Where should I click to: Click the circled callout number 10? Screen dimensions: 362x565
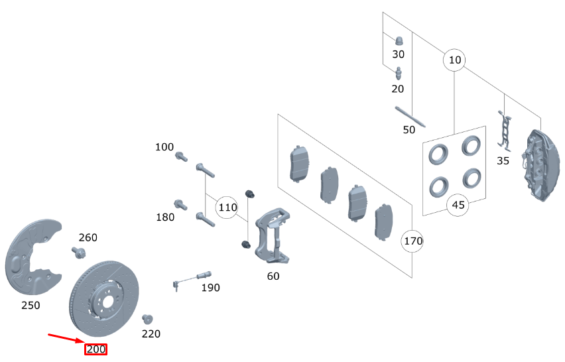454,60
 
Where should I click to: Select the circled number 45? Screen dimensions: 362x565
458,205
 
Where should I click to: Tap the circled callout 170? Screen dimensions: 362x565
413,241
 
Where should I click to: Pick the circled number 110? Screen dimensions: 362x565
227,208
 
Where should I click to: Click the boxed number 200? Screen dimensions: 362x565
95,349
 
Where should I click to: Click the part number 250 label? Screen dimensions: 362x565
31,305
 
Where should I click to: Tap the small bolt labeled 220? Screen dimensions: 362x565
147,318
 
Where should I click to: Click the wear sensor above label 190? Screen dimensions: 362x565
192,278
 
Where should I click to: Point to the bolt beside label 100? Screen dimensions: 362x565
181,157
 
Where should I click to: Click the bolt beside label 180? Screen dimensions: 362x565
180,204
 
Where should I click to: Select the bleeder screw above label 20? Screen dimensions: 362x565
399,72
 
